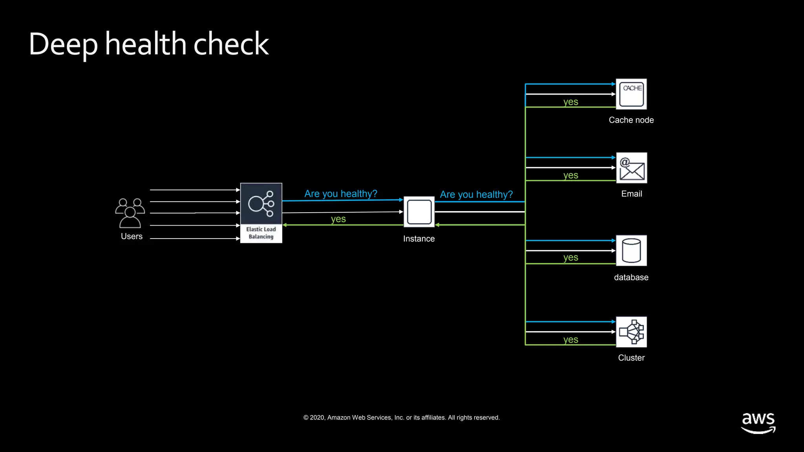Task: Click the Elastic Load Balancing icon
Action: [x=261, y=213]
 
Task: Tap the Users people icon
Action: [x=130, y=213]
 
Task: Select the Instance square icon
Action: [x=419, y=212]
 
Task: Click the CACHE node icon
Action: [x=631, y=94]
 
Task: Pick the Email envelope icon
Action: [x=632, y=168]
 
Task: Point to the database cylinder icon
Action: [x=631, y=251]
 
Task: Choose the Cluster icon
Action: [x=631, y=332]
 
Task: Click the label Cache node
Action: [x=631, y=120]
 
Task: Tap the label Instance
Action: [x=419, y=239]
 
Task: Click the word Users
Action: [x=132, y=236]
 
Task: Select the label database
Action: [x=631, y=277]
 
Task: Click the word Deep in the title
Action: [x=63, y=44]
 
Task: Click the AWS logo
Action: [x=758, y=423]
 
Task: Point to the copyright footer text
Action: [x=401, y=417]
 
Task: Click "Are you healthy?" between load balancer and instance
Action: [x=340, y=193]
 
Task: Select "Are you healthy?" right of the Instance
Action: [x=476, y=194]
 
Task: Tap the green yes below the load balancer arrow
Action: [x=338, y=219]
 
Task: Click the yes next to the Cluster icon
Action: [x=570, y=339]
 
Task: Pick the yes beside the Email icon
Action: [x=570, y=175]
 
